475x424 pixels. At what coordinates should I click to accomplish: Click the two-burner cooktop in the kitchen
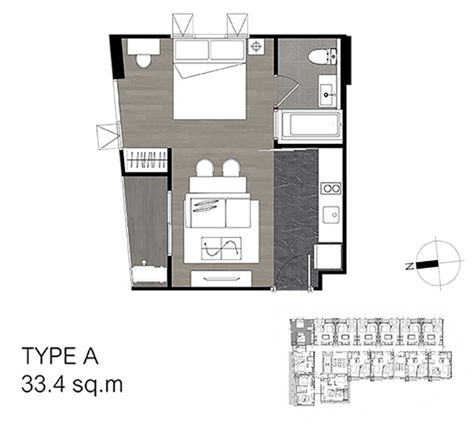click(x=330, y=189)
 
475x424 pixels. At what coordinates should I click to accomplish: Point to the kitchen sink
click(x=330, y=214)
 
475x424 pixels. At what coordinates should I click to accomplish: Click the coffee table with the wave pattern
click(x=221, y=248)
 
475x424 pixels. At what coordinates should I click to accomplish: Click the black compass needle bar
click(x=427, y=263)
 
